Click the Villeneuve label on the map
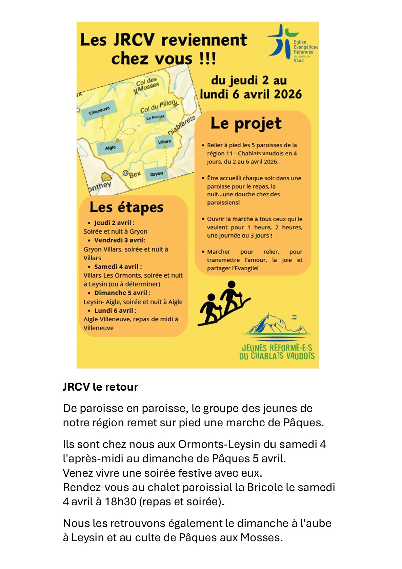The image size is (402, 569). coord(99,111)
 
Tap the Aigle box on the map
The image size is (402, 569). coord(110,148)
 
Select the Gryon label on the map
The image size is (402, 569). coord(157,174)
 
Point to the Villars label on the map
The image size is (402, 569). coord(164,142)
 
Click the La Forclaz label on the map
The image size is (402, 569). coord(155,117)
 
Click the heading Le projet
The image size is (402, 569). coord(246,123)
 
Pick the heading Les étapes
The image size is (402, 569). coord(126,208)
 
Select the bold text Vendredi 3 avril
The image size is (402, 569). coord(120,240)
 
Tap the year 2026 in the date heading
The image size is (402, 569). coord(288,94)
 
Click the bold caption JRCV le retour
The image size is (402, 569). coord(100,387)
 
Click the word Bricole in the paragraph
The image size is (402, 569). coord(265,487)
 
